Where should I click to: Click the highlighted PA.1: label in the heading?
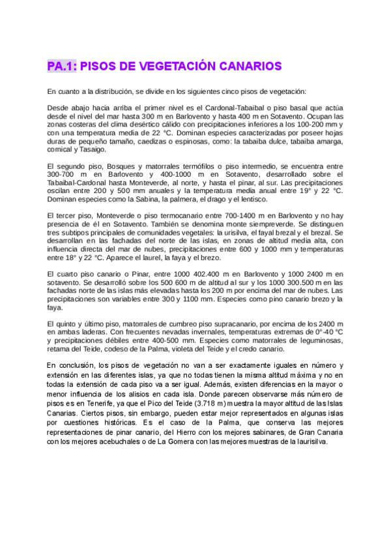pos(63,66)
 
